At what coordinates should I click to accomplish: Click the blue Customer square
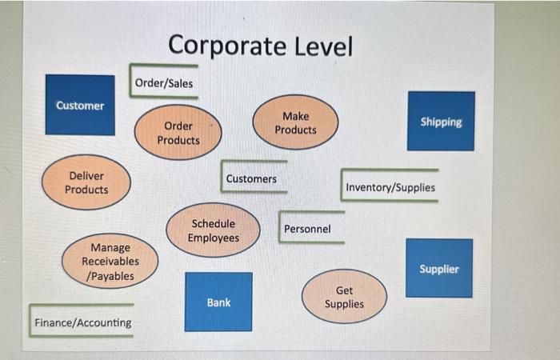point(80,105)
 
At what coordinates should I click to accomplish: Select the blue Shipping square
point(441,121)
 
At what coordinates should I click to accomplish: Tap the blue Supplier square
point(439,268)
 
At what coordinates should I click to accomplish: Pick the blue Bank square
point(218,302)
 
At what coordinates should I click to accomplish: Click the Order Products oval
point(178,133)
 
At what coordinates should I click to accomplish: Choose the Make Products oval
point(295,122)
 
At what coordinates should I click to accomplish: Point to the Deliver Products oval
point(86,182)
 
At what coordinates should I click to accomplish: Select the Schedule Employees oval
point(213,230)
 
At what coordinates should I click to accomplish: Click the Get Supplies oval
point(344,297)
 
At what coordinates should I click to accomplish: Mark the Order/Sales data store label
point(164,82)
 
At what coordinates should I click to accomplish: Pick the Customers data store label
point(251,178)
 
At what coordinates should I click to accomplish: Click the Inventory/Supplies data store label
point(390,187)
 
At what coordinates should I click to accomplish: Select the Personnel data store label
point(307,229)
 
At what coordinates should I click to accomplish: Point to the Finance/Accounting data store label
point(82,322)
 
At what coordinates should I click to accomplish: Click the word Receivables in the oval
point(110,262)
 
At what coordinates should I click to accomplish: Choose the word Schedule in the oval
point(214,224)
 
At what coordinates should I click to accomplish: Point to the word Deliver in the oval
point(86,175)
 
